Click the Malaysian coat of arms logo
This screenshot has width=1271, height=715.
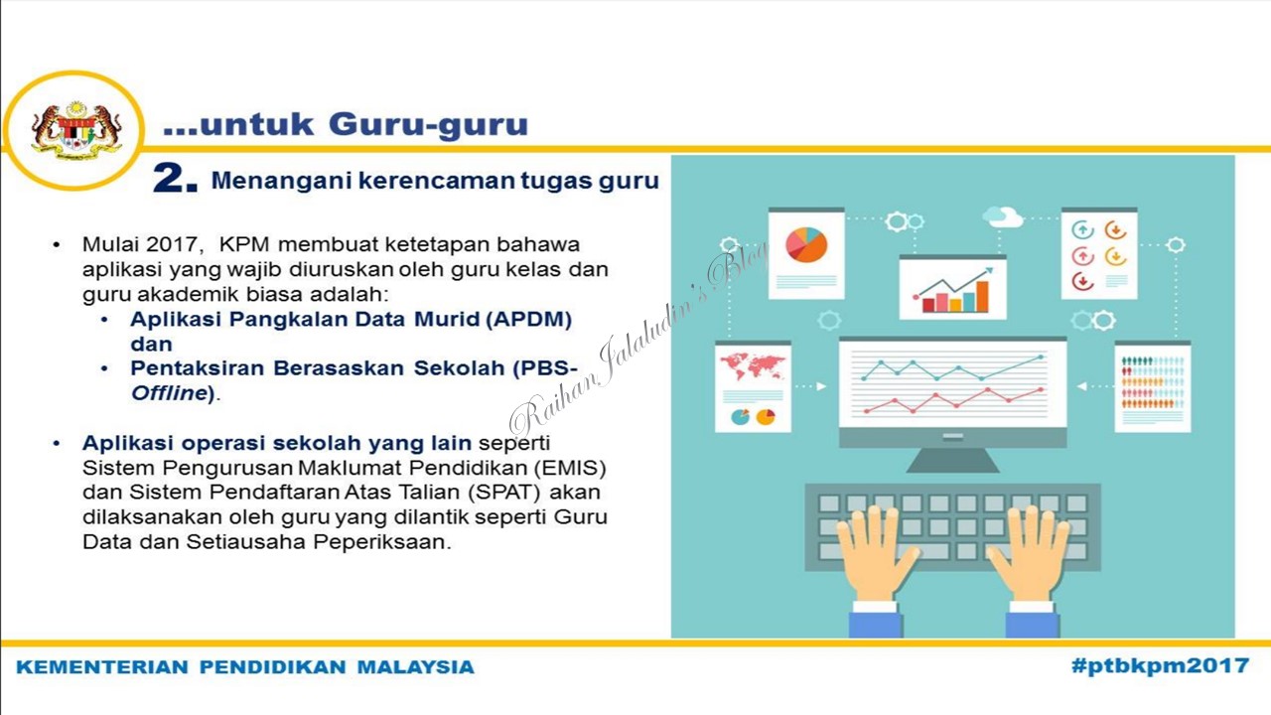(76, 130)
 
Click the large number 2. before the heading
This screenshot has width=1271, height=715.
(176, 180)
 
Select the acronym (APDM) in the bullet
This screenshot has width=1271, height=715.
(529, 320)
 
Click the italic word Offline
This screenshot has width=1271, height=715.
(169, 392)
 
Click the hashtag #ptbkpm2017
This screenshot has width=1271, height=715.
(1160, 665)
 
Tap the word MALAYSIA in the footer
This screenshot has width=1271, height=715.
(415, 667)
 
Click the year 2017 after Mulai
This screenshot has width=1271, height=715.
(175, 244)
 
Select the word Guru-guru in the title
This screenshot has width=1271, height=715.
(428, 125)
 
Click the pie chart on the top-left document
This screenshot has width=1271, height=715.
(806, 244)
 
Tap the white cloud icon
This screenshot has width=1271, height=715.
(1003, 216)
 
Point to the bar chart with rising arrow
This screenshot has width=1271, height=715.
(953, 290)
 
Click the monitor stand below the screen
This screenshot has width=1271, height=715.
(952, 460)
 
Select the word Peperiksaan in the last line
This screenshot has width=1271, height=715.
(382, 542)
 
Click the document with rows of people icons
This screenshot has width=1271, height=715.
(1153, 387)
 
